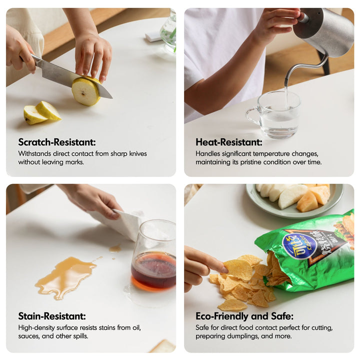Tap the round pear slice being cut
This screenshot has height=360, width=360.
[86, 91]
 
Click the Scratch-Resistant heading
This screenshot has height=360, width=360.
[57, 142]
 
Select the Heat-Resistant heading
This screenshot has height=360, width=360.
[228, 142]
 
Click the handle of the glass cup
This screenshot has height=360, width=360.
[252, 117]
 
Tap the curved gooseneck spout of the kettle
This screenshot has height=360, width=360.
[305, 69]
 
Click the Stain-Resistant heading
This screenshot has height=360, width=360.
[52, 316]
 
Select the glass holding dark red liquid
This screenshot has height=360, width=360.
[154, 255]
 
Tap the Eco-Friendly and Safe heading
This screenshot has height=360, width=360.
[244, 316]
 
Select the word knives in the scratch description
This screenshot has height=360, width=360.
[138, 153]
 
